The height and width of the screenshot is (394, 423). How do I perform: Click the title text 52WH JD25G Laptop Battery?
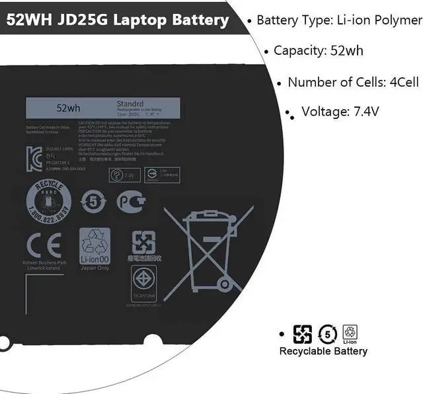point(118,20)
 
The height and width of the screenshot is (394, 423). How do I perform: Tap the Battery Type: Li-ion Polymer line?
point(338,20)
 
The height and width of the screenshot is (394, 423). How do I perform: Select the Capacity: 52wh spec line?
point(318,51)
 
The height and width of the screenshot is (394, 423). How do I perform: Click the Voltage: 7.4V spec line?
point(340,111)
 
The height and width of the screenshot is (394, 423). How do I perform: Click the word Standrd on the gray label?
point(130,104)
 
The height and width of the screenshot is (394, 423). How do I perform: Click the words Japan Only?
point(95,268)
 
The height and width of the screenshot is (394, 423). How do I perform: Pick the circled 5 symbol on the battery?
point(93,201)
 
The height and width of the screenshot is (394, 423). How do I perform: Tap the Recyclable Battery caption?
point(323,352)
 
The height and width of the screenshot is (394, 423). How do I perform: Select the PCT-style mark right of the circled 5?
point(131,201)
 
